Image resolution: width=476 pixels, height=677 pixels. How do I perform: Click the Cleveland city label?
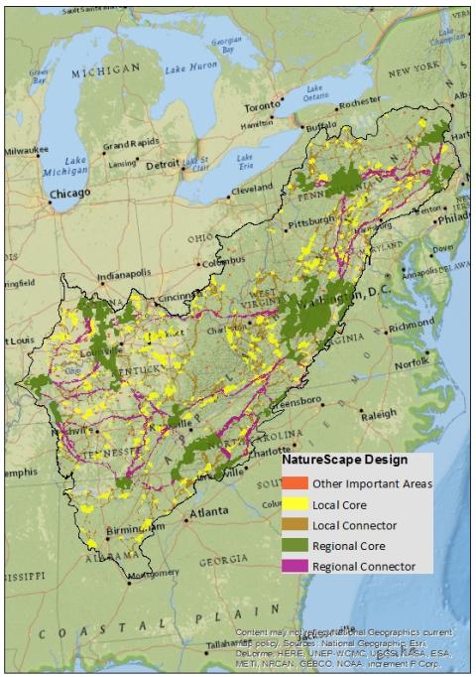click(x=250, y=189)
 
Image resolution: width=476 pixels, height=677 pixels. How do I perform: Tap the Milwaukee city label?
click(x=20, y=152)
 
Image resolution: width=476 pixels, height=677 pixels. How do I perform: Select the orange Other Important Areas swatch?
click(x=295, y=483)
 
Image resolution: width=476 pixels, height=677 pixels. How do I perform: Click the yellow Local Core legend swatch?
click(x=295, y=504)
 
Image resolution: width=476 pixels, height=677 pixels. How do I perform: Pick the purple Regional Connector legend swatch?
click(x=295, y=566)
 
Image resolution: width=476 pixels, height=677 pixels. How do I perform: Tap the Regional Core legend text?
click(x=352, y=546)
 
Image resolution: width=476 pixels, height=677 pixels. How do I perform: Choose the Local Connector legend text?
click(x=354, y=525)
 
